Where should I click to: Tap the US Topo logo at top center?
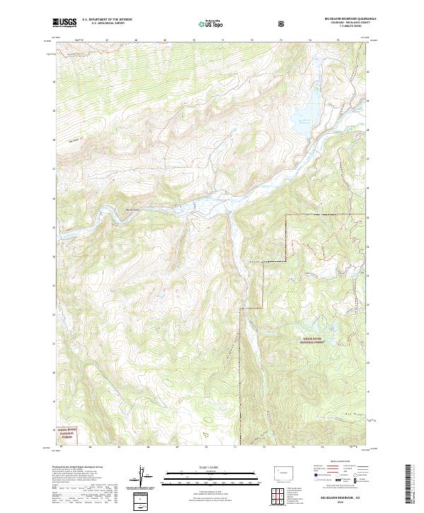tap(209, 23)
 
